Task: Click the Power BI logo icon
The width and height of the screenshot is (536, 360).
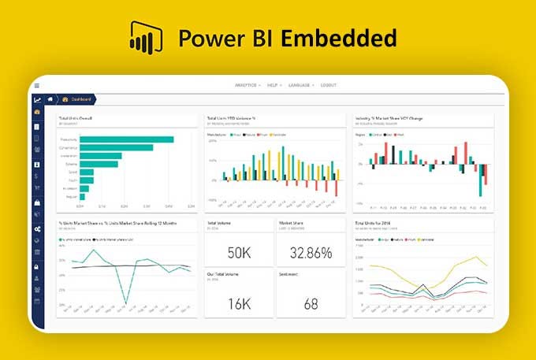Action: [x=145, y=37]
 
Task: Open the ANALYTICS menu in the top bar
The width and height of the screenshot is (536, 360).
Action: [x=248, y=85]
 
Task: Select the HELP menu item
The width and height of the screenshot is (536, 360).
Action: [x=274, y=85]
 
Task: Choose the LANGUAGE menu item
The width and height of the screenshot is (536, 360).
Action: [x=300, y=85]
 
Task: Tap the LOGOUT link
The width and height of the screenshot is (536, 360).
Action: [x=329, y=85]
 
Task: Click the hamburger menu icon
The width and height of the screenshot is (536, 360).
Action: [x=37, y=85]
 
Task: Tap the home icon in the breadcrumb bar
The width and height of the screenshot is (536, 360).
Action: [x=50, y=99]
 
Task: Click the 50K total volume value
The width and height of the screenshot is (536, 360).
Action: [x=239, y=253]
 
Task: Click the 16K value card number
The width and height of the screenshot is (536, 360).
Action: [x=239, y=303]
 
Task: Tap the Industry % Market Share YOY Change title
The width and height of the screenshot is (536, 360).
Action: [x=389, y=118]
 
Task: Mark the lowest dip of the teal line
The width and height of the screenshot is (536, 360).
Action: [x=125, y=302]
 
